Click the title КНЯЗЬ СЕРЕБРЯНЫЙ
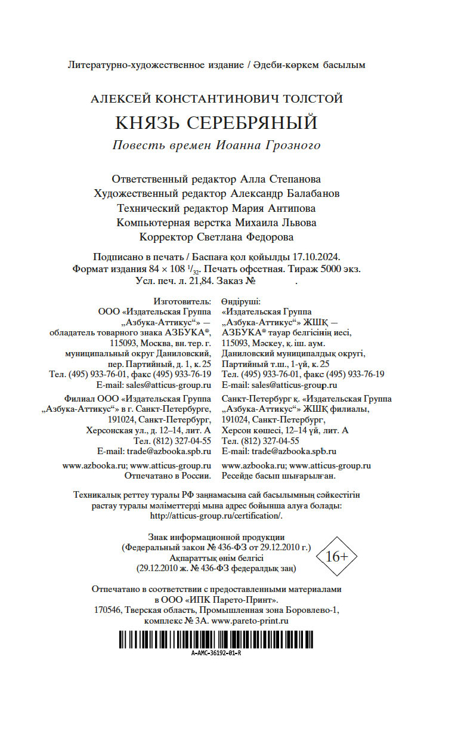click(216, 123)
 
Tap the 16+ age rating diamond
click(338, 556)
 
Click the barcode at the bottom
click(216, 639)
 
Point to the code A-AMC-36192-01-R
click(216, 653)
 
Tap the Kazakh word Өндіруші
click(242, 301)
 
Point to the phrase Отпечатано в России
click(168, 476)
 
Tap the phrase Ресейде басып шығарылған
click(279, 476)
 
